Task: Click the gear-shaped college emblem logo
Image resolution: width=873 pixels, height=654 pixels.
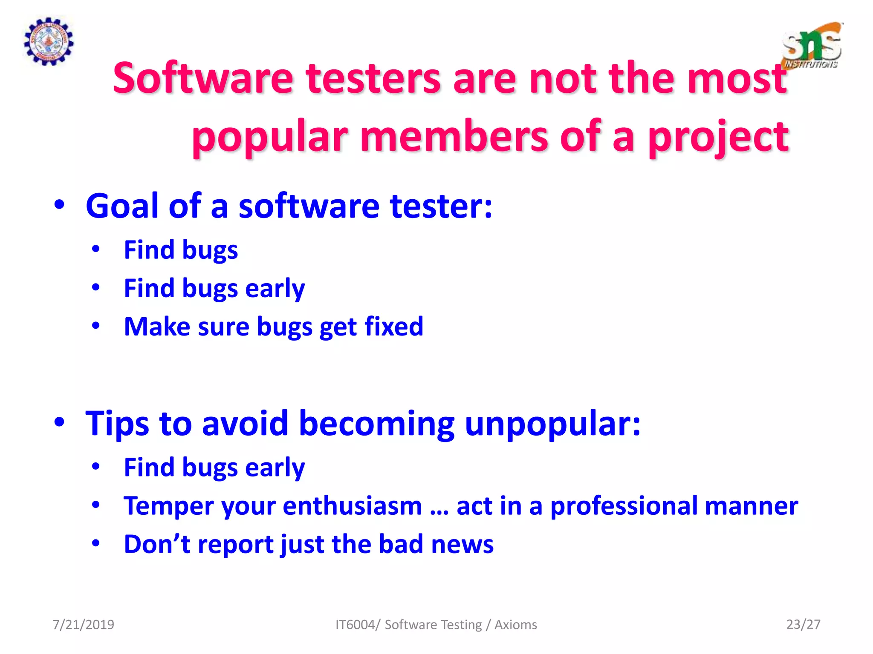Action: click(x=48, y=41)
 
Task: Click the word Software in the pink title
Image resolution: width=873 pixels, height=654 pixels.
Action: click(x=203, y=79)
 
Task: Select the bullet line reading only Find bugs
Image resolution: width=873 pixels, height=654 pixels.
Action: click(x=181, y=250)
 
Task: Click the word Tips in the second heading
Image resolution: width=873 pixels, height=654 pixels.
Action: click(x=117, y=424)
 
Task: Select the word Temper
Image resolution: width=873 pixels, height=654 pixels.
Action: click(x=169, y=506)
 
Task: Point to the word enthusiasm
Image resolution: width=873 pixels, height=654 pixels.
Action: click(x=352, y=506)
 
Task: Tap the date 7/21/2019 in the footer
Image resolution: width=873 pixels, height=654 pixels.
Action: click(x=83, y=625)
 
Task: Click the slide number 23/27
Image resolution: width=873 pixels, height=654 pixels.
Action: click(x=803, y=624)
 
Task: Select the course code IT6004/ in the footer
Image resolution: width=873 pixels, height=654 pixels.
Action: click(x=357, y=625)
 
